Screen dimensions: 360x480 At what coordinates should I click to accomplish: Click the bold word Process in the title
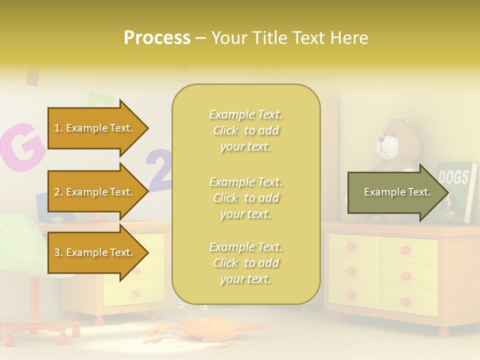[x=157, y=38]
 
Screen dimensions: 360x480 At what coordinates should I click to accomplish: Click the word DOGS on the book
[x=453, y=177]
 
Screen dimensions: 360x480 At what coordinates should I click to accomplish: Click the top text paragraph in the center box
[x=245, y=130]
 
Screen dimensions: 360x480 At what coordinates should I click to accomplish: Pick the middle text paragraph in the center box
[x=245, y=198]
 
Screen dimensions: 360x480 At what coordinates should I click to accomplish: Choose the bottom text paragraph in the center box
[x=245, y=263]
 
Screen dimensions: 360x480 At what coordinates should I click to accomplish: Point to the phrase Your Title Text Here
[x=289, y=38]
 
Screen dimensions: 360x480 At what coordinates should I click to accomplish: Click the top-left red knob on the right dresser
[x=350, y=247]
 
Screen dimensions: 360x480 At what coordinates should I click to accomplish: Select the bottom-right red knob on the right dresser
[x=405, y=302]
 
